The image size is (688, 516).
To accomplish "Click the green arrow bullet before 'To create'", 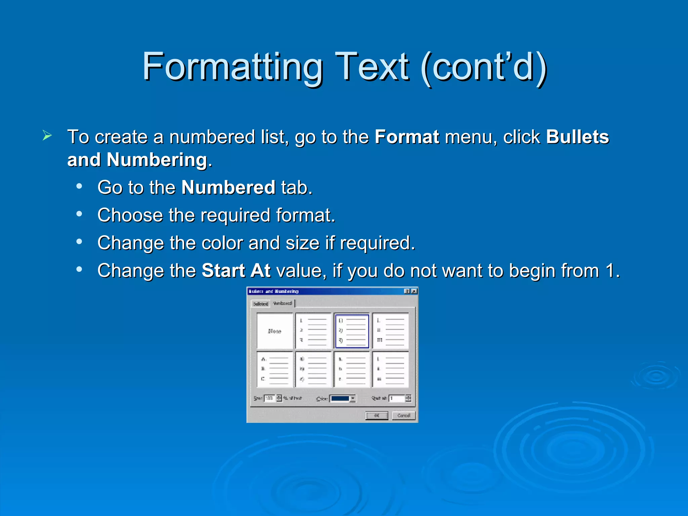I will pyautogui.click(x=47, y=136).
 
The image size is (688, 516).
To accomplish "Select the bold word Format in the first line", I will pyautogui.click(x=407, y=137).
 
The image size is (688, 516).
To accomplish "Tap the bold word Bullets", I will pyautogui.click(x=577, y=137).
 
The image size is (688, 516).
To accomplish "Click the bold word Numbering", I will pyautogui.click(x=157, y=160).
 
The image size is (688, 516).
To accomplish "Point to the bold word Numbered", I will pyautogui.click(x=228, y=187).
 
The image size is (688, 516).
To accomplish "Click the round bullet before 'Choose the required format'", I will pyautogui.click(x=79, y=214).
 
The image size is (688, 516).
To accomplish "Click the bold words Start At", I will pyautogui.click(x=236, y=271).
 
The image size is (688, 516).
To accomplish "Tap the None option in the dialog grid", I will pyautogui.click(x=275, y=331).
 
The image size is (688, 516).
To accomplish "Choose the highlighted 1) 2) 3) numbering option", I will pyautogui.click(x=352, y=331).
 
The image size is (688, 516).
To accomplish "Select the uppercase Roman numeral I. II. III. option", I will pyautogui.click(x=390, y=331).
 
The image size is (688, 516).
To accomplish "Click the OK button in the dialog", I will pyautogui.click(x=377, y=416).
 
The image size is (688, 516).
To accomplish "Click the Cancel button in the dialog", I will pyautogui.click(x=403, y=416).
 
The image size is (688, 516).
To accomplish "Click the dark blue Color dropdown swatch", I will pyautogui.click(x=340, y=399).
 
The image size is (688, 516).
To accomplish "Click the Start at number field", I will pyautogui.click(x=397, y=398).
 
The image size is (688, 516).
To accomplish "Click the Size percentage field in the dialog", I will pyautogui.click(x=269, y=398).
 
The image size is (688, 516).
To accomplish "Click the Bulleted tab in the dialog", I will pyautogui.click(x=261, y=304).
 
